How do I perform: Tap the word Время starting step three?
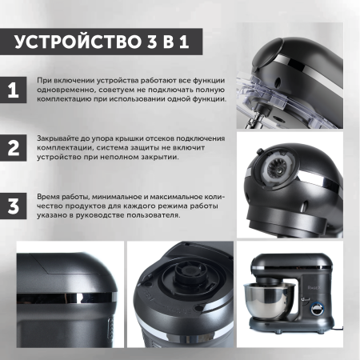(49, 196)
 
